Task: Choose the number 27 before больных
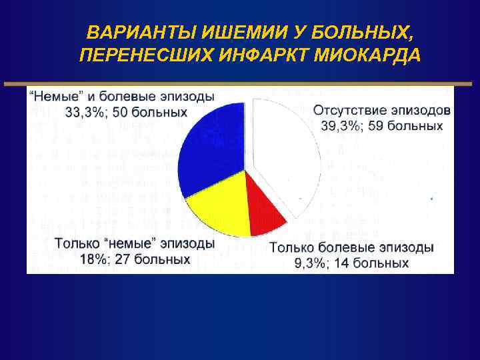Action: pyautogui.click(x=123, y=259)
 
